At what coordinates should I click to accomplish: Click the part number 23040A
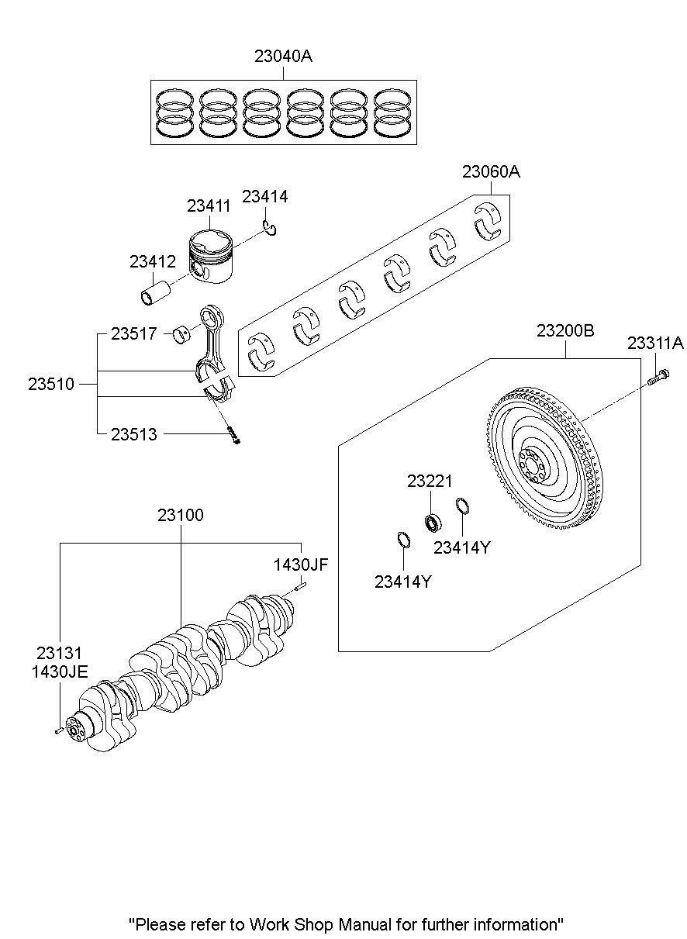click(x=283, y=56)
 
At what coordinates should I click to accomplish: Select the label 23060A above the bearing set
click(x=491, y=172)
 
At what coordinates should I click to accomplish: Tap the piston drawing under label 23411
click(x=210, y=256)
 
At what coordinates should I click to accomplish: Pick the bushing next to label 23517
click(x=182, y=333)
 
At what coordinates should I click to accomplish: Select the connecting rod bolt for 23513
click(x=234, y=435)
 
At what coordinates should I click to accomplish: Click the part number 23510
click(x=51, y=385)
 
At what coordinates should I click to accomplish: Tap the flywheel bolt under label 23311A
click(x=658, y=377)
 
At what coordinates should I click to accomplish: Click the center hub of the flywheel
click(x=532, y=465)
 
